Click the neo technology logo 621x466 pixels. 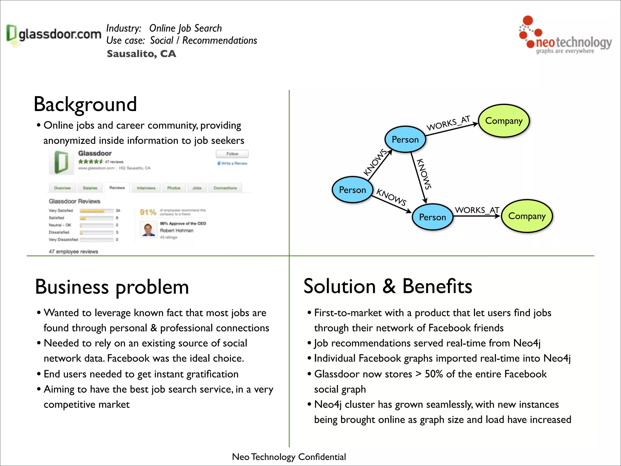click(565, 36)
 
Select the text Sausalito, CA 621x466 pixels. click(141, 54)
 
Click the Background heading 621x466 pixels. click(85, 104)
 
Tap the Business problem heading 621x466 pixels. click(112, 287)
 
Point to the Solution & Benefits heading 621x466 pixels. click(388, 286)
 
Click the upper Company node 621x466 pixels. click(504, 121)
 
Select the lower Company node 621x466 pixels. click(527, 216)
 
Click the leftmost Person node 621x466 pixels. click(352, 190)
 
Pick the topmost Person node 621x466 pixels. click(405, 140)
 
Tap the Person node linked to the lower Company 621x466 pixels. click(432, 217)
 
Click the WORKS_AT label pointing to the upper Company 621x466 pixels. click(448, 123)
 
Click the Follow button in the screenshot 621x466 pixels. click(232, 154)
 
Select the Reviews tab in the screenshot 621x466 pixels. click(117, 188)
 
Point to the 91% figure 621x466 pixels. click(148, 212)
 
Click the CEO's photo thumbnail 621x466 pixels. click(148, 230)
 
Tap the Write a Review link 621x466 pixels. click(233, 163)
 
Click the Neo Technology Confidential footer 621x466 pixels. click(289, 457)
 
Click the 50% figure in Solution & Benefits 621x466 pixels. click(434, 374)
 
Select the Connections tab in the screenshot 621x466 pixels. click(225, 188)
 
